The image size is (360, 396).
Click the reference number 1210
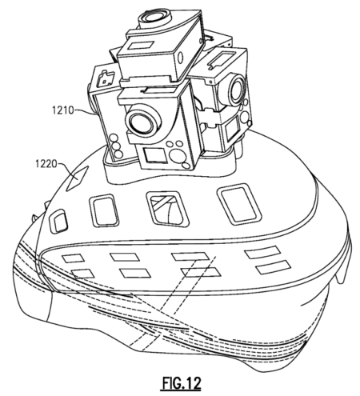(62, 110)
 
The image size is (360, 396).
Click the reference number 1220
(46, 163)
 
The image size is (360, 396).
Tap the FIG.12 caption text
(181, 383)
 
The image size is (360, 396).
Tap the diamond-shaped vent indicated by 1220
(77, 178)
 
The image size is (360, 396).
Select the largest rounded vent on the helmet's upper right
(239, 205)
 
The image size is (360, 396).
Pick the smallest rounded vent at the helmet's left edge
(58, 220)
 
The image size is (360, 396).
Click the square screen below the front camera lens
(154, 155)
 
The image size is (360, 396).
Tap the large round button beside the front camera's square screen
(176, 155)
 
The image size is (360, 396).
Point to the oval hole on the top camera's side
(181, 58)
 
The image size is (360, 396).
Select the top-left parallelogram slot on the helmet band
(73, 258)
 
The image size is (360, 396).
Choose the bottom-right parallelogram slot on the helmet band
(274, 267)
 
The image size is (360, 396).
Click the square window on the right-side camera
(232, 130)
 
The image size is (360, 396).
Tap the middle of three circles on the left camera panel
(115, 146)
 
